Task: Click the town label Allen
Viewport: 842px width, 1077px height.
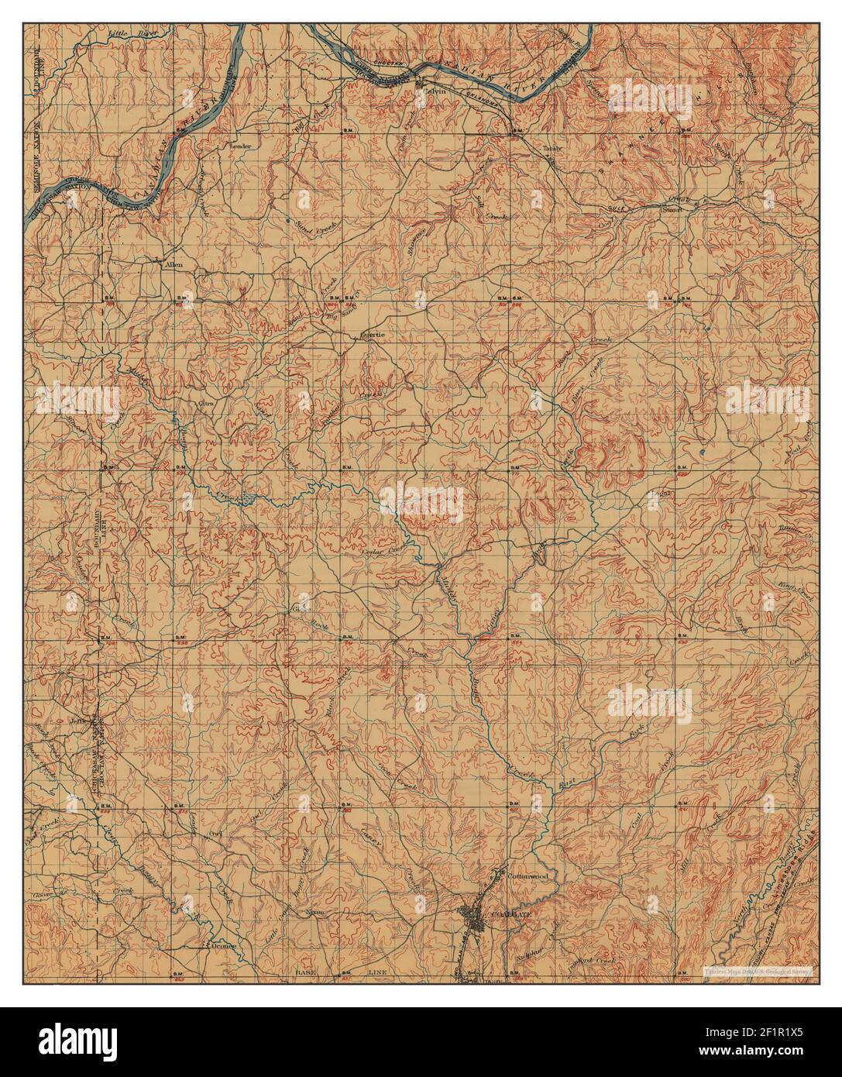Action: click(x=173, y=265)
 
